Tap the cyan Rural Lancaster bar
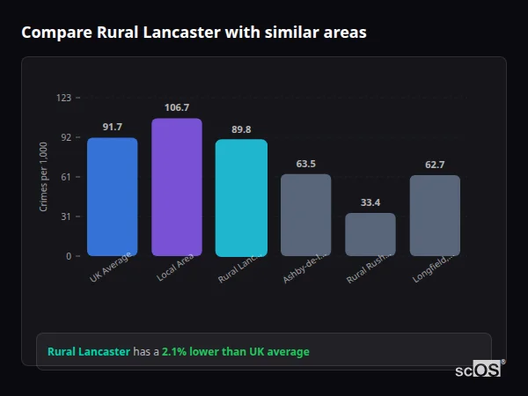[x=241, y=197]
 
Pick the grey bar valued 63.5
[x=305, y=215]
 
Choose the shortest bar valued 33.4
[x=370, y=234]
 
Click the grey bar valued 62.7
[x=435, y=216]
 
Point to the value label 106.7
[x=176, y=107]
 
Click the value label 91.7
[x=112, y=127]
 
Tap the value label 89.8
[x=241, y=128]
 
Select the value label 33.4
[x=370, y=202]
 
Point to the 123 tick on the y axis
[x=63, y=98]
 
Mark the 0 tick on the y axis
[x=68, y=256]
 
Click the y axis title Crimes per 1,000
[x=44, y=177]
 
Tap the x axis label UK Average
[x=111, y=268]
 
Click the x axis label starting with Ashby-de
[x=304, y=268]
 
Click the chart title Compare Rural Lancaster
[x=194, y=33]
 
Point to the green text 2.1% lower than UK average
[x=235, y=352]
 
